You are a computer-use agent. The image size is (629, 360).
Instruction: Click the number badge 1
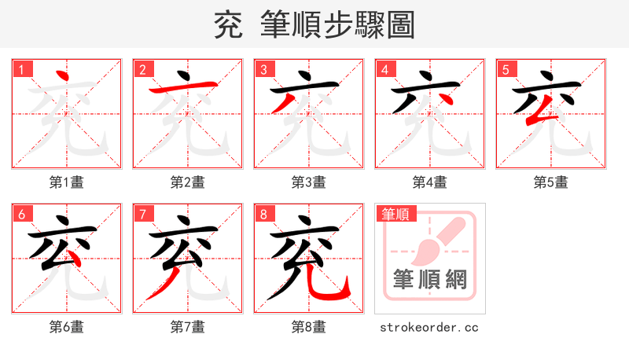[21, 69]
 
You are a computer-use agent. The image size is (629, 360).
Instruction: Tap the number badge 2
[142, 69]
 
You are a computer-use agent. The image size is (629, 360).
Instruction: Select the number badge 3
[263, 69]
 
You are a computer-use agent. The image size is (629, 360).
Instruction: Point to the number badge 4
[384, 69]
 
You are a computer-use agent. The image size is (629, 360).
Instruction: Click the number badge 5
[506, 69]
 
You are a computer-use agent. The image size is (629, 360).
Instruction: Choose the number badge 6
[21, 214]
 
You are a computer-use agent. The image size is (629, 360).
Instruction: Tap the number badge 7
[142, 214]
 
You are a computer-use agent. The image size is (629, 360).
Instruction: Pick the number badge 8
[263, 214]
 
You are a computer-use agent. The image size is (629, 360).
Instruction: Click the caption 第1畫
[67, 182]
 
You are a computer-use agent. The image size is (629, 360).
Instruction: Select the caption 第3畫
[309, 182]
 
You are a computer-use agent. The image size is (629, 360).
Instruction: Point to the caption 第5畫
[551, 182]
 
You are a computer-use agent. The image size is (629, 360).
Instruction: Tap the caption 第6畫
[67, 327]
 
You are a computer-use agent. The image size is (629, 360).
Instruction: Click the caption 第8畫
[309, 327]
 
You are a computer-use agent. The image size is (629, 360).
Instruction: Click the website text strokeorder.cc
[429, 327]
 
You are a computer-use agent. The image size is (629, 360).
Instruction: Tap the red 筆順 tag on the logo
[395, 214]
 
